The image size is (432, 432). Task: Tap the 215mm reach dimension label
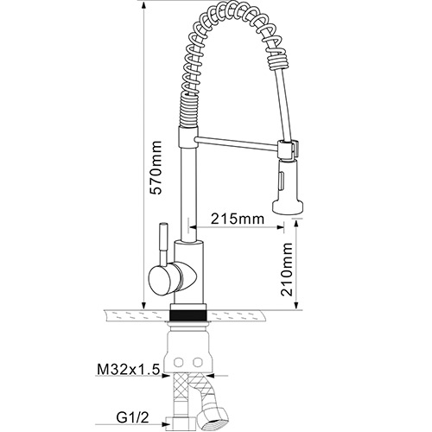pos(238,219)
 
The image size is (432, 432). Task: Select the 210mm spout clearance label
pos(287,269)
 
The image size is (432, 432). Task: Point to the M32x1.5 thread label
pos(129,370)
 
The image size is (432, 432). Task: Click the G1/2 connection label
pos(133,417)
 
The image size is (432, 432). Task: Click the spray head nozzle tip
pos(288,207)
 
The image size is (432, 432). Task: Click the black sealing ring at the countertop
pos(188,314)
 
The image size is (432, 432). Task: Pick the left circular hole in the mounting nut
pos(179,362)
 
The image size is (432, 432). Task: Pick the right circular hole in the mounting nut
pos(198,362)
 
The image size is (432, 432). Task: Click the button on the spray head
pos(281,179)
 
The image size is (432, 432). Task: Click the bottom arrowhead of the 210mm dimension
pos(296,305)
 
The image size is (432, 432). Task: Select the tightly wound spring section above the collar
pos(189,111)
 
